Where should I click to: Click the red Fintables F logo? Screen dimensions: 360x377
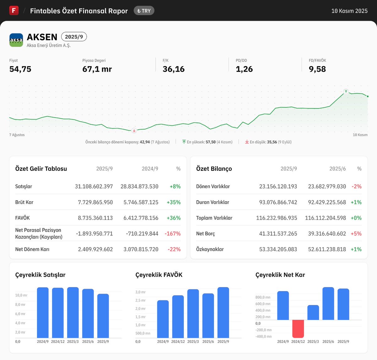coord(14,10)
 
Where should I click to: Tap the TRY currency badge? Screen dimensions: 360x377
coord(144,11)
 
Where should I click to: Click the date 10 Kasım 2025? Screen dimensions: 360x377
coord(349,11)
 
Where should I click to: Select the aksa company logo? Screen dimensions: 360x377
coord(16,40)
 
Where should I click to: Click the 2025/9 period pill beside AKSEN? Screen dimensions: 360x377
coord(74,37)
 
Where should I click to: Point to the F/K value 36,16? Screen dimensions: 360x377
coord(173,69)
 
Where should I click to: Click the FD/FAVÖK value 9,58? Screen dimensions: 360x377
coord(317,69)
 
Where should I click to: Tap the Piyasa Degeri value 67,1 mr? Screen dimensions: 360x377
coord(97,69)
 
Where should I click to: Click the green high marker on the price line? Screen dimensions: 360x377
coord(346,91)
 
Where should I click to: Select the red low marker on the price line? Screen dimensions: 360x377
coord(134,130)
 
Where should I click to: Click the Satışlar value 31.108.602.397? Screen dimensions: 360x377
coord(94,186)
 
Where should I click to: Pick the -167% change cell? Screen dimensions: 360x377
coord(172,234)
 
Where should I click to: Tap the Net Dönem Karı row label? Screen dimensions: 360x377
coord(32,249)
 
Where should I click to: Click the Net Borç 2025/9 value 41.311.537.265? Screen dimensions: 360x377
coord(278,234)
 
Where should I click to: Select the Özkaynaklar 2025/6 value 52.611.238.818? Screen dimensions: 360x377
coord(327,249)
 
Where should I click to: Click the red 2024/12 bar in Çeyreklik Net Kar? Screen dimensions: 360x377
coord(298,329)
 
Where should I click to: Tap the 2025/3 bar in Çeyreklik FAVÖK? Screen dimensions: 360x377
coord(193,313)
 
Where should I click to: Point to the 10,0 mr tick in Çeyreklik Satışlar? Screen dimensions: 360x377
coord(21,295)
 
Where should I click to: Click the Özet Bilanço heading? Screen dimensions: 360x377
coord(214,169)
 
